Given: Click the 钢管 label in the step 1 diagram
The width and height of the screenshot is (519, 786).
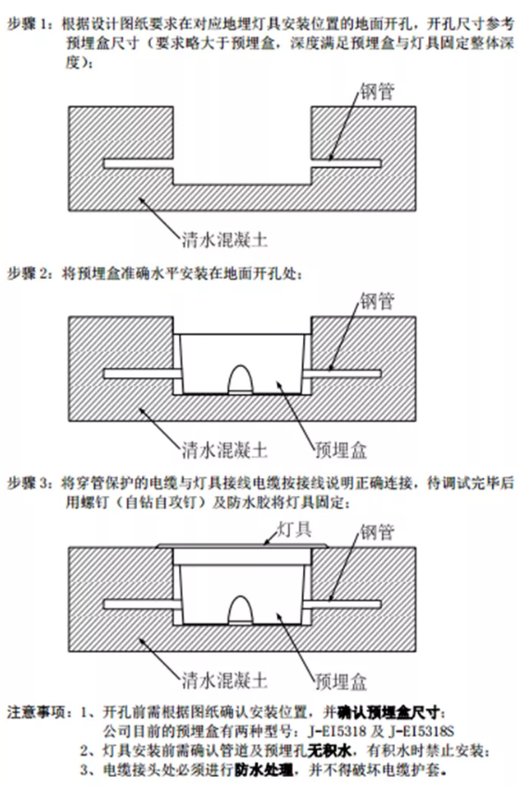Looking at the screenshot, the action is point(376,91).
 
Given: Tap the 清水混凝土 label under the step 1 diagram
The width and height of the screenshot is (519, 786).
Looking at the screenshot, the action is point(224,240).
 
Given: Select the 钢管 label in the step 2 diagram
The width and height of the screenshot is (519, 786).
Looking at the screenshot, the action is point(376,301).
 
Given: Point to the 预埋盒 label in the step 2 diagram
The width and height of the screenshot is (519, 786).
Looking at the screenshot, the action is point(341,450).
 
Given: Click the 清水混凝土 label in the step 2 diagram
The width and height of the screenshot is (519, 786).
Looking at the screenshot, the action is point(224,450).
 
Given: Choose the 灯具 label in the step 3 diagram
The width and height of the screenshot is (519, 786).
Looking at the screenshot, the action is point(295,530).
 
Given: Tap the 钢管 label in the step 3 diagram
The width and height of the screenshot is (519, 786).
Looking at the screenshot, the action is point(376,532).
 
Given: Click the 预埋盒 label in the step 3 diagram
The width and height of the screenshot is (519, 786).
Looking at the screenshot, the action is point(341,681).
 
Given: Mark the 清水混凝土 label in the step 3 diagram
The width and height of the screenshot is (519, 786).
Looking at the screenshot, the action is point(224,680).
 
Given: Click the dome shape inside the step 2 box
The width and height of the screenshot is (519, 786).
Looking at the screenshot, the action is point(242,379).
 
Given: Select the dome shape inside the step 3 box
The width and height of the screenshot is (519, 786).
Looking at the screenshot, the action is point(242,610).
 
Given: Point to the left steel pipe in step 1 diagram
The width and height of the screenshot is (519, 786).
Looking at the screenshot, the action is point(138,163).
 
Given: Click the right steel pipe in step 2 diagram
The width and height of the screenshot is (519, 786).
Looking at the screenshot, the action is point(343,374).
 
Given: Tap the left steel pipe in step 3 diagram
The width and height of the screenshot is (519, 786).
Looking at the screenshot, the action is point(142,604).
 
